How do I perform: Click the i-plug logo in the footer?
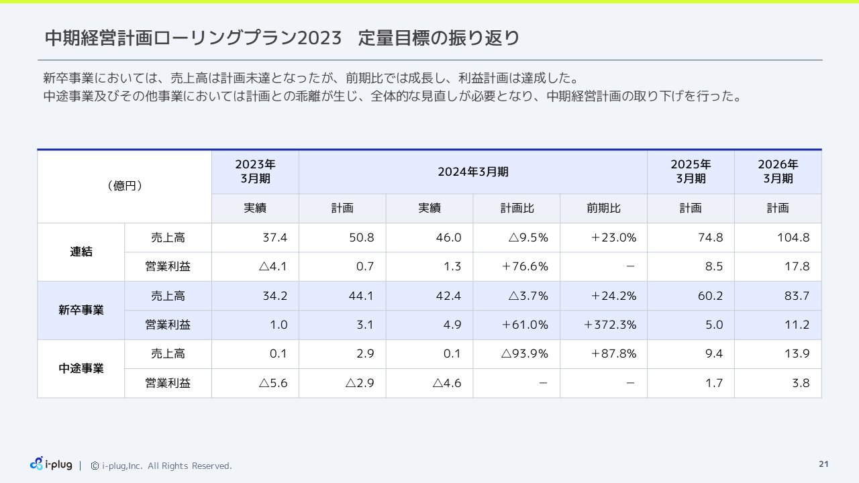[x=51, y=464]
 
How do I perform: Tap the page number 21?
[x=823, y=464]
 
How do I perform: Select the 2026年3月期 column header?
[x=778, y=172]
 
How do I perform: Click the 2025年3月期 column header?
[x=691, y=172]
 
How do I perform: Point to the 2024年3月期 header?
[x=473, y=172]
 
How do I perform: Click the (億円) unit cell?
[x=125, y=186]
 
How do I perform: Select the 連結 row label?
[x=81, y=252]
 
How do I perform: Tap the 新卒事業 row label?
[x=81, y=311]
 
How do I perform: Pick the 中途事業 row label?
[x=81, y=368]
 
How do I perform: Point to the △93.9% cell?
[x=525, y=354]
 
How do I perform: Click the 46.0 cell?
[x=448, y=237]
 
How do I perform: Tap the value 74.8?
[x=710, y=237]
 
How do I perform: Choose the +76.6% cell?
[x=525, y=266]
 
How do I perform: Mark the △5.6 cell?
[x=273, y=383]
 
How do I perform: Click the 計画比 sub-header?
[x=517, y=209]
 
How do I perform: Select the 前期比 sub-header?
[x=604, y=209]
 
